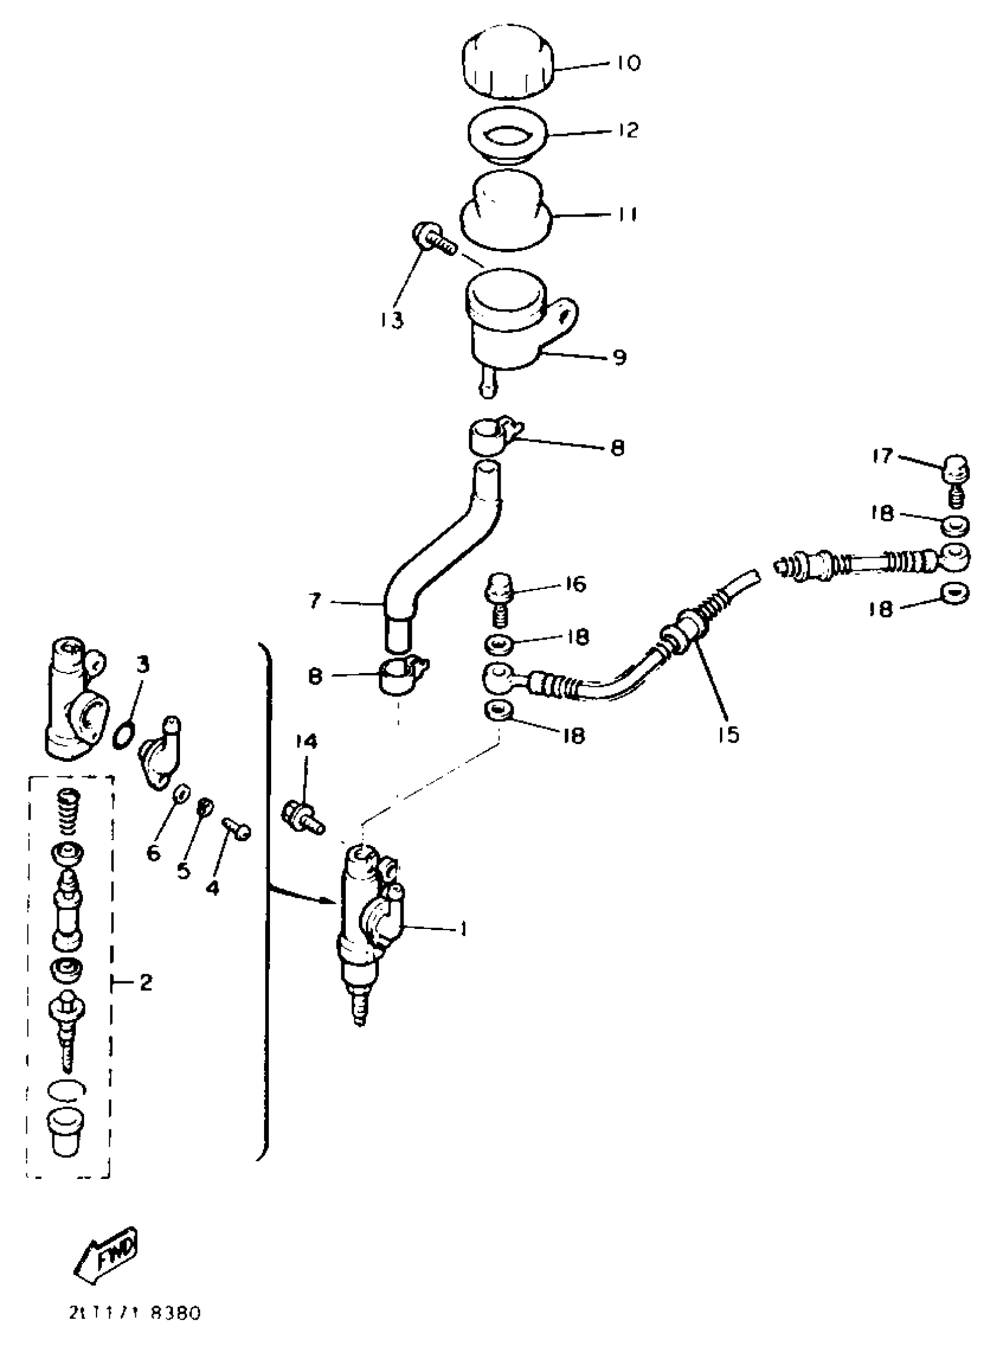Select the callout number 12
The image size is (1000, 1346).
tap(629, 129)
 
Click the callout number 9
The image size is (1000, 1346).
tap(618, 358)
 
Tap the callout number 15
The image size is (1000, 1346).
tap(730, 735)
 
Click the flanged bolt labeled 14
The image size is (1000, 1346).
tap(303, 815)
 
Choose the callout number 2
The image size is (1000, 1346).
tap(146, 983)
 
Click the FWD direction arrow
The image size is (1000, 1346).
tap(106, 1249)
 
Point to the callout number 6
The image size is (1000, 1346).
tap(153, 854)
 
